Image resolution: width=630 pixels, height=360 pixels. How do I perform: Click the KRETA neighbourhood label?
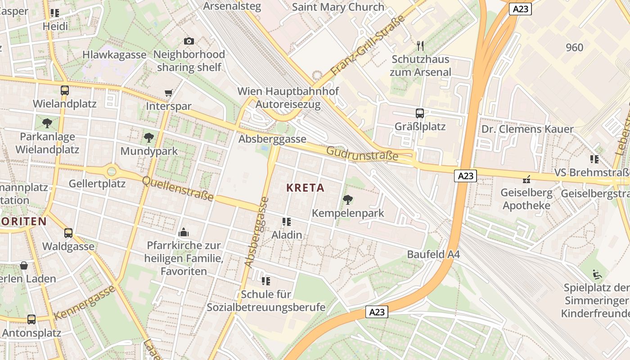[x=305, y=188]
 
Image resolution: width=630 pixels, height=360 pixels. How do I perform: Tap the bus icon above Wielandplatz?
[x=64, y=90]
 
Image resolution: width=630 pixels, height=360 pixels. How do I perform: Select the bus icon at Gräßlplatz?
[x=419, y=113]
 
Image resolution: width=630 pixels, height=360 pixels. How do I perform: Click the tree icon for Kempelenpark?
[x=347, y=199]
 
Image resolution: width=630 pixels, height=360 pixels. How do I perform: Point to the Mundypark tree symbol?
[x=148, y=138]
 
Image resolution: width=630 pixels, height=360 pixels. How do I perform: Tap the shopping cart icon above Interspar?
[x=168, y=93]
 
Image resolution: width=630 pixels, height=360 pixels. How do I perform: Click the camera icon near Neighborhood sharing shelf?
[x=189, y=41]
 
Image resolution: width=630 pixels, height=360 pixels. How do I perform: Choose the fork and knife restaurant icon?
[x=420, y=45]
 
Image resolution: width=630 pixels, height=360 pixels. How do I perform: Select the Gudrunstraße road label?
[x=362, y=153]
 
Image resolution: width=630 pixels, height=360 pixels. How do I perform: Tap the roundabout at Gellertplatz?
[x=111, y=171]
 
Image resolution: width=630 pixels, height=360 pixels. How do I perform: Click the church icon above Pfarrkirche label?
[x=184, y=232]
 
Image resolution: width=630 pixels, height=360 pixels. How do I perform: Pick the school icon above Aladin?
[x=287, y=221]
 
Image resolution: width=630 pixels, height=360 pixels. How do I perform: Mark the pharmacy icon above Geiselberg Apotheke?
[x=526, y=180]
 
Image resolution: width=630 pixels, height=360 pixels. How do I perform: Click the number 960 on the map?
[x=574, y=47]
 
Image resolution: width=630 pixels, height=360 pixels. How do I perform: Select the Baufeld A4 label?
[x=433, y=254]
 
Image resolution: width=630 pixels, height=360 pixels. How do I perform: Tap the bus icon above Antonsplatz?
[x=31, y=319]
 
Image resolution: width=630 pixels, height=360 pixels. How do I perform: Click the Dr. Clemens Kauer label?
[x=527, y=129]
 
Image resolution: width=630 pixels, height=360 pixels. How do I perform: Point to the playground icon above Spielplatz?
[x=597, y=274]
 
